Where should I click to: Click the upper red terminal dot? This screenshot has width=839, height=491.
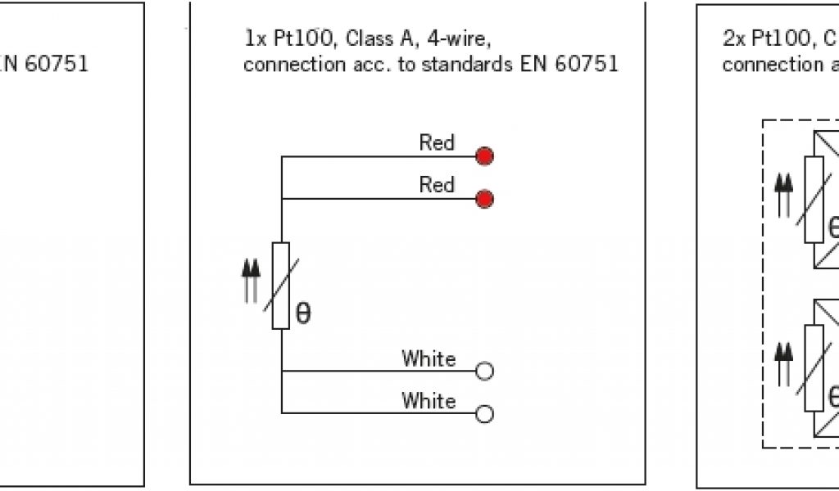point(484,155)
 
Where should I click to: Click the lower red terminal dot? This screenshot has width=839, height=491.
point(484,198)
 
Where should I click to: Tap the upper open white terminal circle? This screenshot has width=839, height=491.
point(484,371)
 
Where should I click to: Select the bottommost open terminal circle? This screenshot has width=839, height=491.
point(484,414)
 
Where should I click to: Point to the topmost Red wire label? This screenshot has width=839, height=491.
point(437,142)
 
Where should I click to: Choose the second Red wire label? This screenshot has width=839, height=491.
point(437,185)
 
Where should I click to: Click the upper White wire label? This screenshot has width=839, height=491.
point(428,358)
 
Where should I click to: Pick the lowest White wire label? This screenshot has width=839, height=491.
point(428,401)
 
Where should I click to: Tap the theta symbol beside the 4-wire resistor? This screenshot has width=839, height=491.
point(303,315)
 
